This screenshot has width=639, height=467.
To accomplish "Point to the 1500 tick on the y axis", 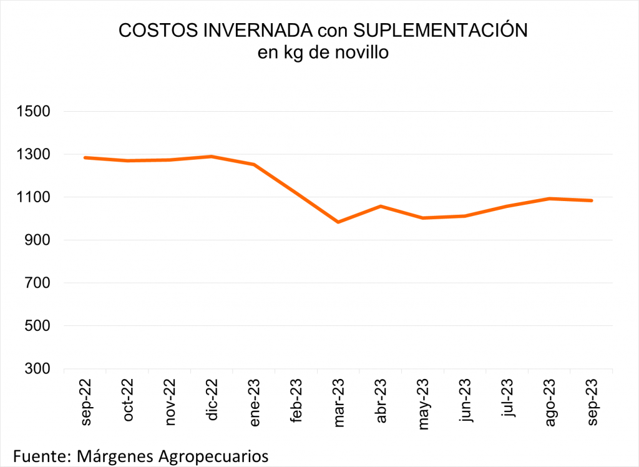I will coord(32,112).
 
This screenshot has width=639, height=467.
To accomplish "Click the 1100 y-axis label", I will coord(32,197).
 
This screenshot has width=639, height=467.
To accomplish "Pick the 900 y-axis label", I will coord(37,240).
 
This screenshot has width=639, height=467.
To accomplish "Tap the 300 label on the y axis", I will coord(37,369).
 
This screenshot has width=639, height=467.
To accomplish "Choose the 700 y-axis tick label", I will coord(37,283).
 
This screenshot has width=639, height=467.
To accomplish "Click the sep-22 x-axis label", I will coord(85,401).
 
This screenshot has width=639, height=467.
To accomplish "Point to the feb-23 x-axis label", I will coord(296,401).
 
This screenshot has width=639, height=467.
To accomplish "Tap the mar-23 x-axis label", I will coord(339,402).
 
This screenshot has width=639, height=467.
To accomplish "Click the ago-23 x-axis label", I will coord(550,402).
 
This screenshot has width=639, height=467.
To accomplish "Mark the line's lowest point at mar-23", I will coord(338,222).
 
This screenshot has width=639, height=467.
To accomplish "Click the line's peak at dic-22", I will coord(212,157).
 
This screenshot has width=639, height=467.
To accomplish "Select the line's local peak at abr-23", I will coord(381,206).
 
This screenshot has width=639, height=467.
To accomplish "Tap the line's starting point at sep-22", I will coord(85,157).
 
